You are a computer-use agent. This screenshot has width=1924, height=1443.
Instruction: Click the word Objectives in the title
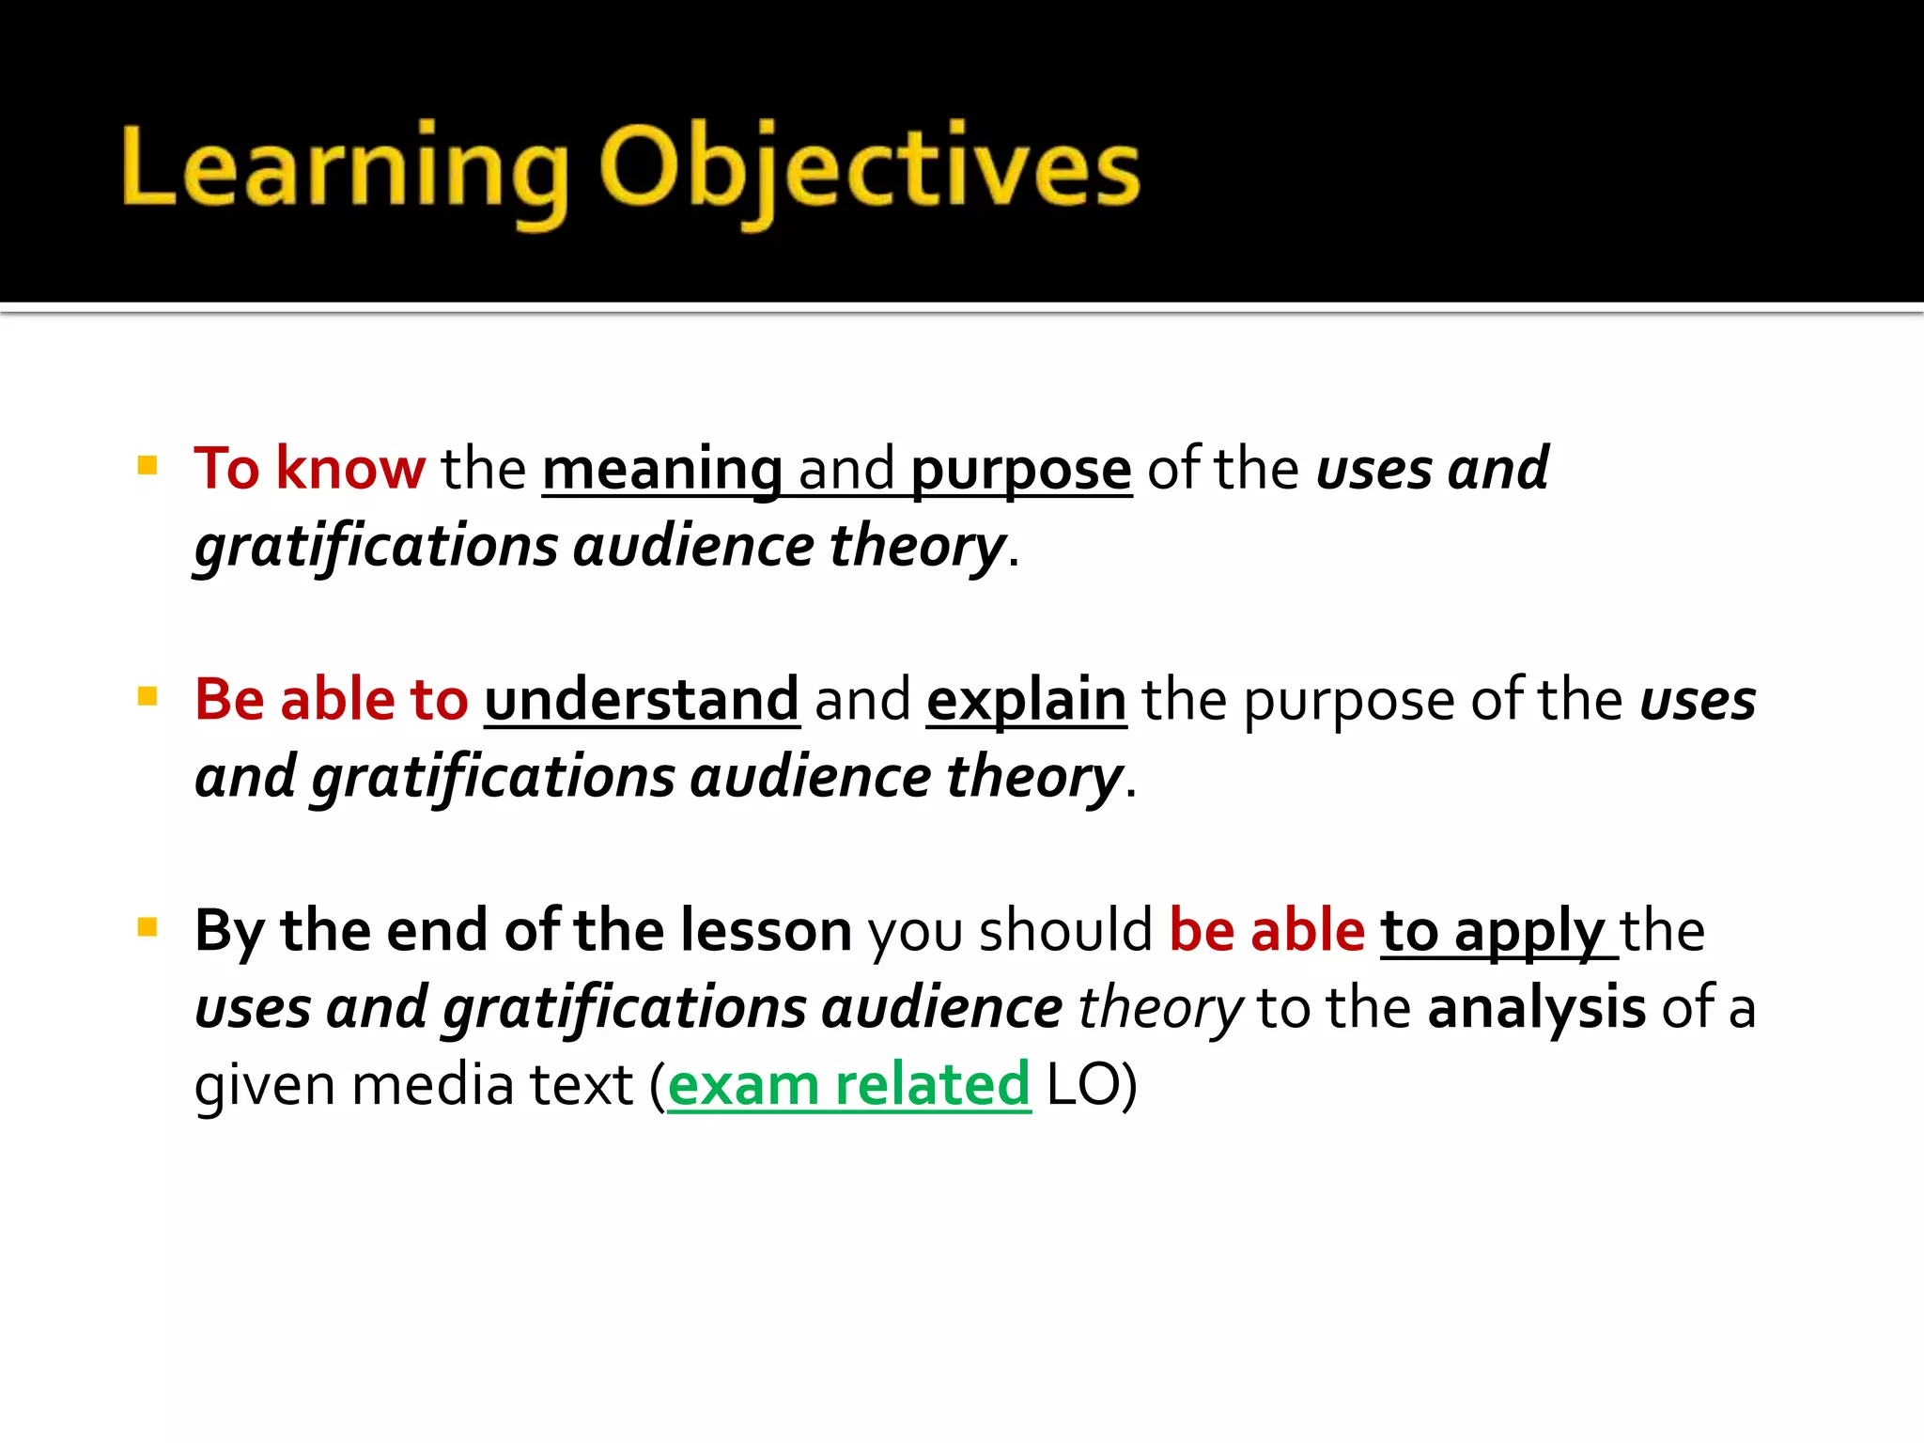coord(869,169)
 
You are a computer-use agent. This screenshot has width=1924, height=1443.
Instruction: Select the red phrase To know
coord(309,468)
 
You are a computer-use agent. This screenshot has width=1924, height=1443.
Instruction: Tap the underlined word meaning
coord(662,469)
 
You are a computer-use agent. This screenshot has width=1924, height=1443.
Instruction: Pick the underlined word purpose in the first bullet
coord(1021,469)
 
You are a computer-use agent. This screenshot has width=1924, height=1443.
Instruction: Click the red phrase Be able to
coord(331,700)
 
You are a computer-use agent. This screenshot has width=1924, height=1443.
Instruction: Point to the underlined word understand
coord(642,700)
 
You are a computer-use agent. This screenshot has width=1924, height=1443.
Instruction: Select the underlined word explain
coord(1026,701)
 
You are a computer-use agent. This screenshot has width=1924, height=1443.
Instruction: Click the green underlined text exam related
coord(848,1085)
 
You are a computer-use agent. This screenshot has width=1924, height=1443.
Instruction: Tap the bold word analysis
coord(1536,1008)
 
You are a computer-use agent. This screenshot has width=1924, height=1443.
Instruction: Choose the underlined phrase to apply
coord(1494,931)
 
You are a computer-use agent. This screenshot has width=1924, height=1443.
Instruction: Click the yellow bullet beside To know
coord(147,465)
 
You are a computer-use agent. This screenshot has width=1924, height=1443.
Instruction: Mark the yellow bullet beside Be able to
coord(147,696)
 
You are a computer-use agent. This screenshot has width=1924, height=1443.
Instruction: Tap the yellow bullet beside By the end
coord(147,927)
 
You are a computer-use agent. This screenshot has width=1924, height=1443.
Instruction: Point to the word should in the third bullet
coord(1065,930)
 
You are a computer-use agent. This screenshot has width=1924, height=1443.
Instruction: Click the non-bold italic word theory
coord(1160,1008)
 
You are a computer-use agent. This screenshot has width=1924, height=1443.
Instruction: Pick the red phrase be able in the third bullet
coord(1266,930)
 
